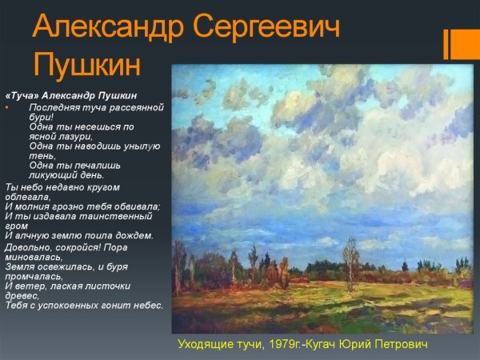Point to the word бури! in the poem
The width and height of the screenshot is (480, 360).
coord(40,116)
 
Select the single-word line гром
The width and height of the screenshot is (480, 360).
coord(15,226)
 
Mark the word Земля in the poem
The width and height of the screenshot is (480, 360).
coord(19,266)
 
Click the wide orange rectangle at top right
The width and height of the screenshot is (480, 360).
coord(466,44)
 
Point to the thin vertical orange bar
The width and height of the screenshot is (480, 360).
coord(446,44)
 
